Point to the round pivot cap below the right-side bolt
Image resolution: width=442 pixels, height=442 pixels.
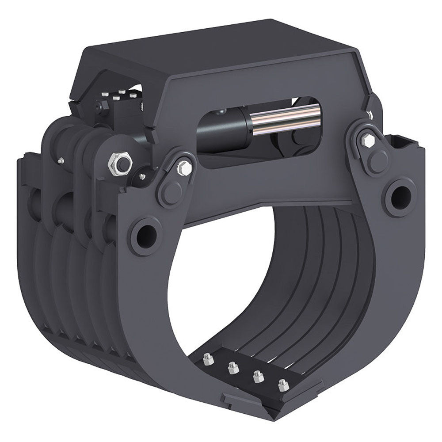coord(378,161)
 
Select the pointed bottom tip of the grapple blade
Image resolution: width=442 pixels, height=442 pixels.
coord(276,415)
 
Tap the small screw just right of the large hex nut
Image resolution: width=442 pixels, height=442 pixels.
coord(141,177)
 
